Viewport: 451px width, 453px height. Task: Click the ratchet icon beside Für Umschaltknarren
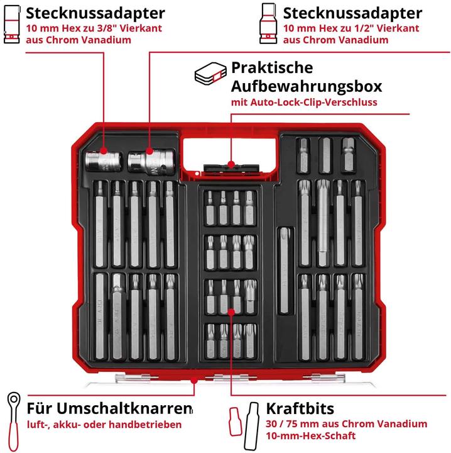[x=13, y=422]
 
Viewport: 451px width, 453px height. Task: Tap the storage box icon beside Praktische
[x=210, y=74]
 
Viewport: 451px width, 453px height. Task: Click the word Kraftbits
[x=300, y=408]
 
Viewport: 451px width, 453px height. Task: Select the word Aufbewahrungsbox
[x=307, y=86]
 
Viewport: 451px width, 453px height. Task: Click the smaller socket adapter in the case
[x=103, y=162]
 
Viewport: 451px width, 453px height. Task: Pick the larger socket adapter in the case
[x=151, y=162]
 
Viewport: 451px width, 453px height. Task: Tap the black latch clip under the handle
[x=231, y=168]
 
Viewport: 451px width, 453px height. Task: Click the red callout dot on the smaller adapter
[x=104, y=151]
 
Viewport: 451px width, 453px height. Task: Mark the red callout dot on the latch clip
[x=231, y=164]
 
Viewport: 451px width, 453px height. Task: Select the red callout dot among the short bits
[x=231, y=312]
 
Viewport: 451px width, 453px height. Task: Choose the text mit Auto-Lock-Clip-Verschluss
[x=304, y=103]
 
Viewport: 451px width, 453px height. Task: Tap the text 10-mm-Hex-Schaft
[x=311, y=435]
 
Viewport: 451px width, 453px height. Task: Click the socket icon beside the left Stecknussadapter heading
[x=12, y=25]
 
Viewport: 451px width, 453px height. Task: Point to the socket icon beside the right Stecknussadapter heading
[x=268, y=24]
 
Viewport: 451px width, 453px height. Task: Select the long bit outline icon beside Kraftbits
[x=251, y=425]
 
